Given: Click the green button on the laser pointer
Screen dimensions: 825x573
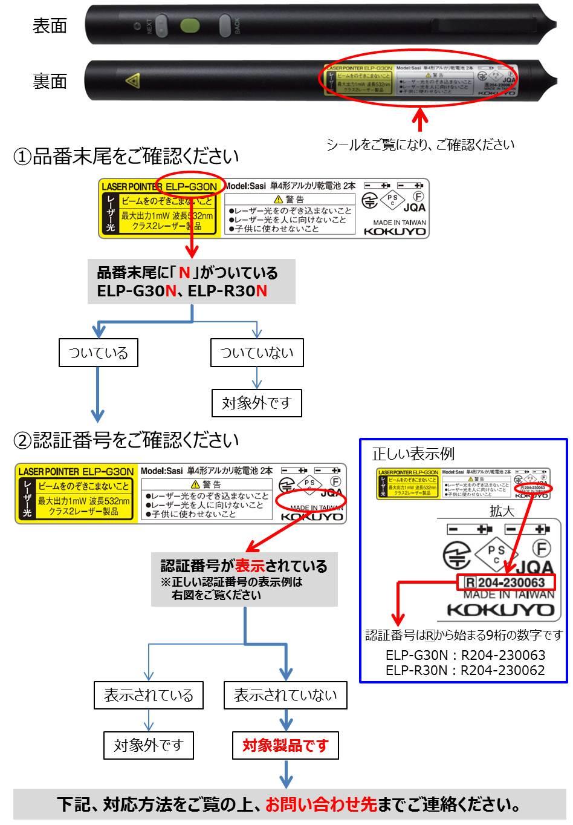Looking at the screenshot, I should click(x=190, y=26).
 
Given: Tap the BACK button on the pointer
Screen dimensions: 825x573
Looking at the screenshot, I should click(x=227, y=26).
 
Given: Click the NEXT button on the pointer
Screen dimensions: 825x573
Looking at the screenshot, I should click(x=161, y=26).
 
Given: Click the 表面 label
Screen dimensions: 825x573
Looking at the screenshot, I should click(x=50, y=26).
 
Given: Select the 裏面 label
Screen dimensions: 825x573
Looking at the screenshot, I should click(x=50, y=81).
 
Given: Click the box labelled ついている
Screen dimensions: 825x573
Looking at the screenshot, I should click(x=98, y=353).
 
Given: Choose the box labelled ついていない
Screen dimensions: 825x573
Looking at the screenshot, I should click(x=257, y=353).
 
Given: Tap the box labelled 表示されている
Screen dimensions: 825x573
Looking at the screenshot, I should click(x=148, y=695).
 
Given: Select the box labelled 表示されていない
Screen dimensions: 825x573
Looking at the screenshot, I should click(x=285, y=695).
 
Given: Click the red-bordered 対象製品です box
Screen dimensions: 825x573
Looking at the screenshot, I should click(x=285, y=745).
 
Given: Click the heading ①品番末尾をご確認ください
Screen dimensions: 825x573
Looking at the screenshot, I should click(x=126, y=157).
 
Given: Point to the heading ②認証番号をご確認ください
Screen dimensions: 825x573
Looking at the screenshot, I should click(x=126, y=440).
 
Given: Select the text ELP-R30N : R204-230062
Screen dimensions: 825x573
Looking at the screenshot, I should click(x=465, y=670).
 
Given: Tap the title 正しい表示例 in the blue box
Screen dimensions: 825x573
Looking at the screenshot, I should click(x=413, y=454).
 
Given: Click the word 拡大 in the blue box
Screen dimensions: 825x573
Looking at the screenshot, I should click(x=502, y=511).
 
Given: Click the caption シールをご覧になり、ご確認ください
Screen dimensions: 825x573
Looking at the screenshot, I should click(x=420, y=145).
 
